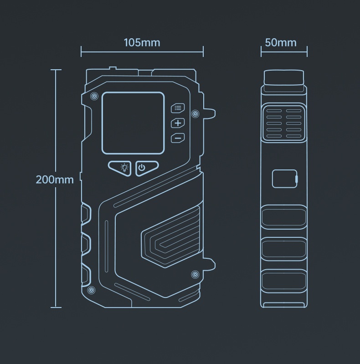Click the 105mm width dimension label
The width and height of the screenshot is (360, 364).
tap(142, 43)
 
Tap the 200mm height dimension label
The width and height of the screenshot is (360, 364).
tap(55, 179)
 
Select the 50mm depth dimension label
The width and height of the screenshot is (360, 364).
tap(281, 43)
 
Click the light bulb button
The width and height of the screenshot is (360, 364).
tap(120, 168)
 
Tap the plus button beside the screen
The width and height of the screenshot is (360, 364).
tap(178, 123)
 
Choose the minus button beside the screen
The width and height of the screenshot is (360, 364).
tap(178, 138)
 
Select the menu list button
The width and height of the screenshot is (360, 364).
tap(178, 108)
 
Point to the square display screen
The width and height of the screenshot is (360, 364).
tap(133, 123)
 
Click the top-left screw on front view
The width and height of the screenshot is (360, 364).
tap(94, 96)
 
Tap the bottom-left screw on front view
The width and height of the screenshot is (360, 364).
tap(92, 290)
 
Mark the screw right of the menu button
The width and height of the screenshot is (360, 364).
tap(195, 113)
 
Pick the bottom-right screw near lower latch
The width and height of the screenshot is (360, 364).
tap(195, 274)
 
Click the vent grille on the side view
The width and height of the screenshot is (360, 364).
tap(284, 123)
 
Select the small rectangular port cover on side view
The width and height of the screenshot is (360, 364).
tap(285, 179)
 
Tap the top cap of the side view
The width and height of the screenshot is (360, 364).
tap(284, 78)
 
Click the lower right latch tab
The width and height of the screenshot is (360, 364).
tap(209, 264)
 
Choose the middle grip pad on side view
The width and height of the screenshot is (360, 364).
tap(284, 249)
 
